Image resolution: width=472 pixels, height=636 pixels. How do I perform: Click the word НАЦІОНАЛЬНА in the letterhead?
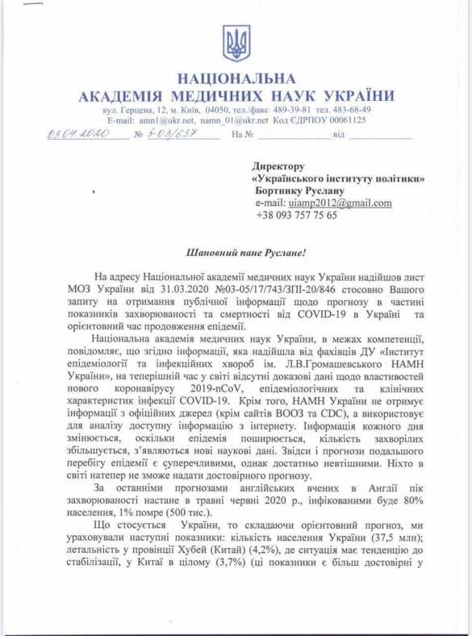236,80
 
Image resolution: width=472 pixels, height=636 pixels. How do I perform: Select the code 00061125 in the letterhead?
345,119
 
